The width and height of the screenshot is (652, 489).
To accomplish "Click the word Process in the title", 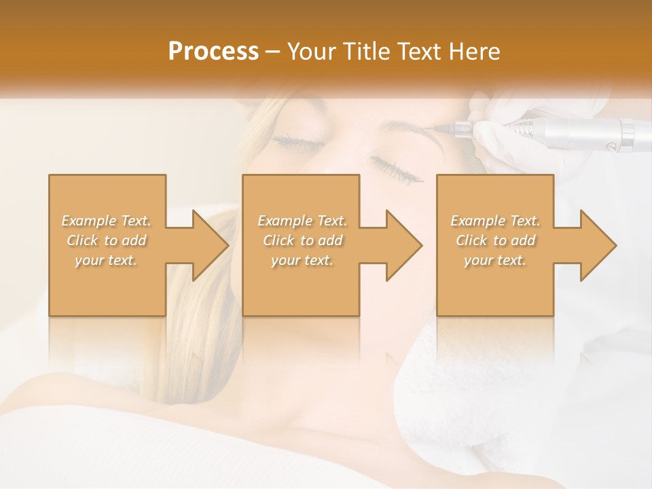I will pyautogui.click(x=213, y=52).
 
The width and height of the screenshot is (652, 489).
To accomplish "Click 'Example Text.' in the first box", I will pyautogui.click(x=106, y=221).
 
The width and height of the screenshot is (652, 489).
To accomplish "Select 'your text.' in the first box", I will pyautogui.click(x=106, y=260).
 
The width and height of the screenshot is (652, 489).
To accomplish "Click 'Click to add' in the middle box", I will pyautogui.click(x=302, y=240).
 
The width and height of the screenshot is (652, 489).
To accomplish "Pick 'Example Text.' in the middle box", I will pyautogui.click(x=302, y=221).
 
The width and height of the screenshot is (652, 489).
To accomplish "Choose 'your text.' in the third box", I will pyautogui.click(x=495, y=260).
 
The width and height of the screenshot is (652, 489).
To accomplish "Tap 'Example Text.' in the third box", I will pyautogui.click(x=495, y=221).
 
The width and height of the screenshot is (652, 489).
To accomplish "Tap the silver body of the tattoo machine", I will pyautogui.click(x=591, y=132).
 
